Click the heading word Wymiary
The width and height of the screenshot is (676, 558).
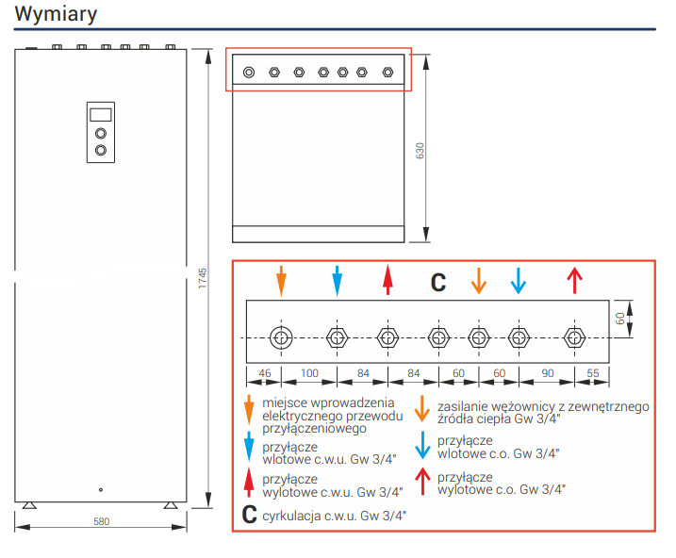tap(56, 16)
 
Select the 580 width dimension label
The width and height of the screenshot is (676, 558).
tap(101, 520)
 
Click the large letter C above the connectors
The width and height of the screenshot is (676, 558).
tap(438, 281)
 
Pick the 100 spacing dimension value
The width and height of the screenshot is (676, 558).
tap(308, 373)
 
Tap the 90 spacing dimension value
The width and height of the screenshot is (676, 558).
tap(547, 373)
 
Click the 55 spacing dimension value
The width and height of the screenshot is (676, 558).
tap(592, 373)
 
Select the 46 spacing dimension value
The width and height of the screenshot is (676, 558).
tap(264, 373)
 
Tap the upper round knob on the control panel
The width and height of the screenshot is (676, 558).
tap(101, 132)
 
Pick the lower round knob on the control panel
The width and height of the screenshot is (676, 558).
tap(101, 150)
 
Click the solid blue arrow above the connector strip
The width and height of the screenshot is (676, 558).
tap(337, 280)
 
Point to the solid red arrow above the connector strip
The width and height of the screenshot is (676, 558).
tap(387, 280)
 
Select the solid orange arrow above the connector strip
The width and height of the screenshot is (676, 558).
tap(280, 280)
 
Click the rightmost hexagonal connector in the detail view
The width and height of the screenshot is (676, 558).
tap(572, 336)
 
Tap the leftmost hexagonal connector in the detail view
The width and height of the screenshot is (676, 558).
tap(280, 336)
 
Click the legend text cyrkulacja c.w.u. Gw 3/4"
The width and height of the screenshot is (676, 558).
tap(335, 515)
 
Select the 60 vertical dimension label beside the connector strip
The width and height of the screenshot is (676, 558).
tap(620, 319)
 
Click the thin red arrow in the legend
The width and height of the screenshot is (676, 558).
tap(422, 481)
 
